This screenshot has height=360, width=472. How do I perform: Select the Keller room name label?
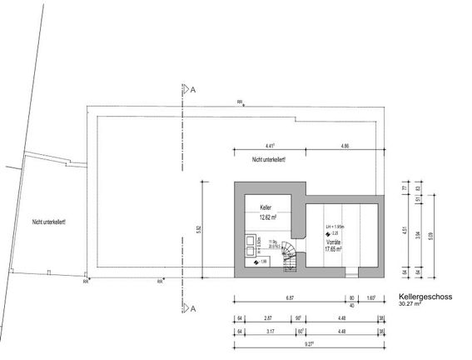(266, 207)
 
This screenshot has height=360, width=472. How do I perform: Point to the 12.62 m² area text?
(266, 217)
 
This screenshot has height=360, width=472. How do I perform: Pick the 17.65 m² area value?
(334, 247)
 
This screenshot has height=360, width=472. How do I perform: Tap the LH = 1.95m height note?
(335, 226)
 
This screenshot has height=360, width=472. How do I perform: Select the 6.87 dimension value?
(290, 297)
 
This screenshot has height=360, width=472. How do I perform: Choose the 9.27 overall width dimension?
(309, 342)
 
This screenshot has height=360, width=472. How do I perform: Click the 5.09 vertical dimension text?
(429, 235)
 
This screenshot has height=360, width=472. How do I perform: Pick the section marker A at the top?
(193, 87)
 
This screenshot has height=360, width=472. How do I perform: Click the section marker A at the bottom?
(193, 308)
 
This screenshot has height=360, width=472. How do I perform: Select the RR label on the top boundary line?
(240, 103)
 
